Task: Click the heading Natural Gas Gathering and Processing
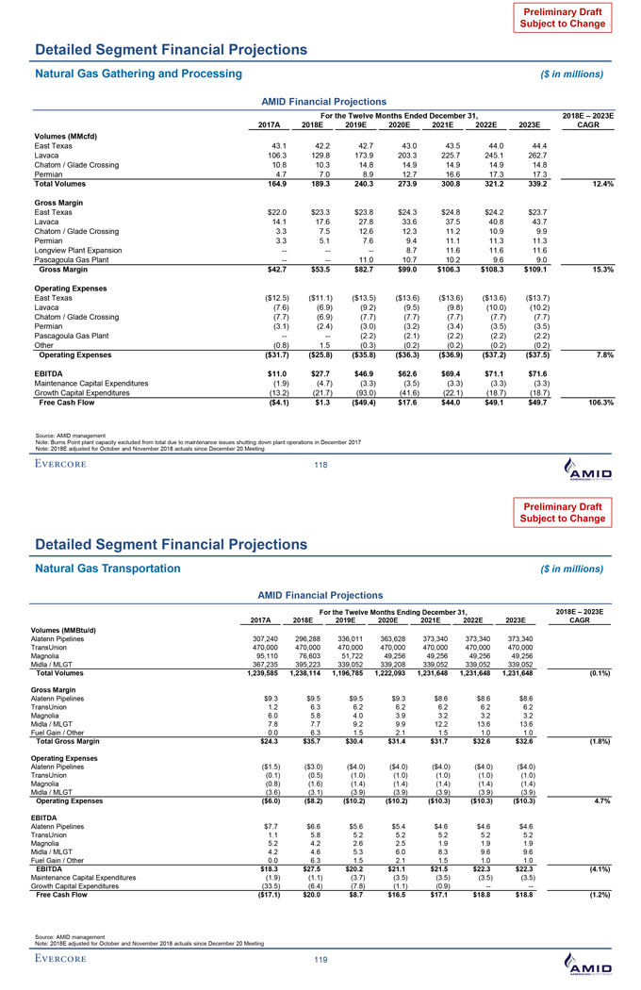(x=138, y=73)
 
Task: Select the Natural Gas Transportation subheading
(x=107, y=568)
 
